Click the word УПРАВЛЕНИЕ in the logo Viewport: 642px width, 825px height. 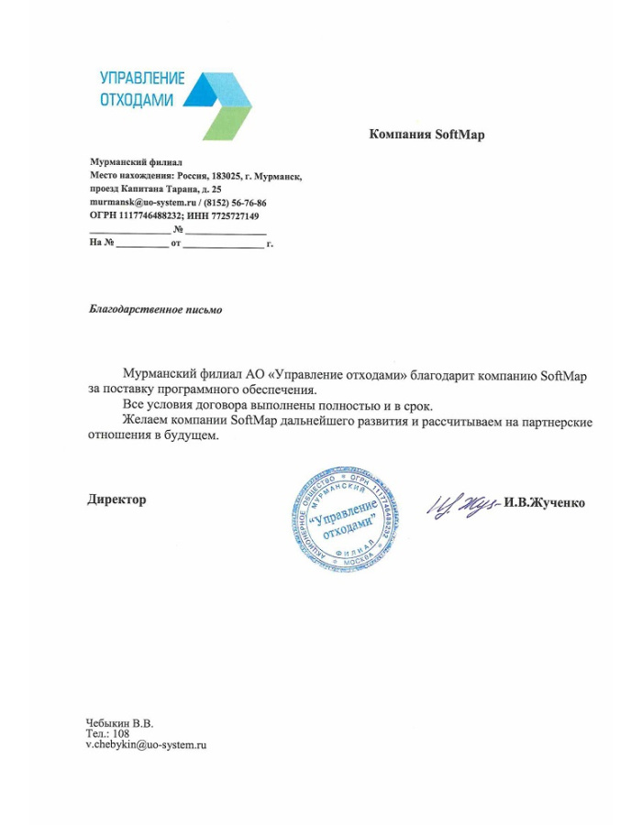[142, 79]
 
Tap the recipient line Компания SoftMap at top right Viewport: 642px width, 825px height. [426, 135]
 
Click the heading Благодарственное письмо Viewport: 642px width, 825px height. [155, 310]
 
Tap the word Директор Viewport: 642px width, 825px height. [116, 500]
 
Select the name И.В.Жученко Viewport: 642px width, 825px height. [544, 502]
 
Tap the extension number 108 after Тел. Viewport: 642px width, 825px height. [121, 733]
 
